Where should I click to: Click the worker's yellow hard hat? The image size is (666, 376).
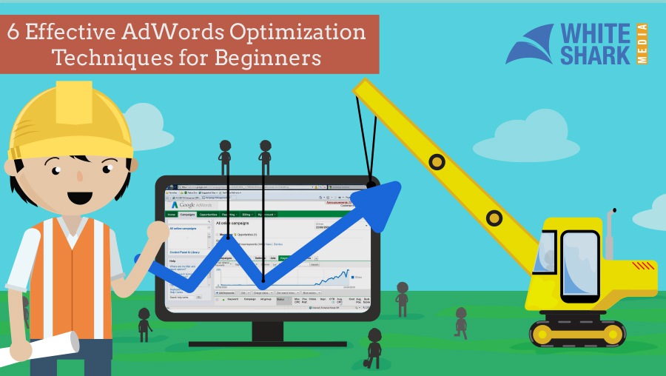tap(70, 118)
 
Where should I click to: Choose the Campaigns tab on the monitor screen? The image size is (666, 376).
tap(187, 215)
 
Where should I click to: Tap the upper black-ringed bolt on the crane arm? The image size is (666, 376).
tap(437, 161)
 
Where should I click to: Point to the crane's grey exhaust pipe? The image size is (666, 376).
tap(610, 232)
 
